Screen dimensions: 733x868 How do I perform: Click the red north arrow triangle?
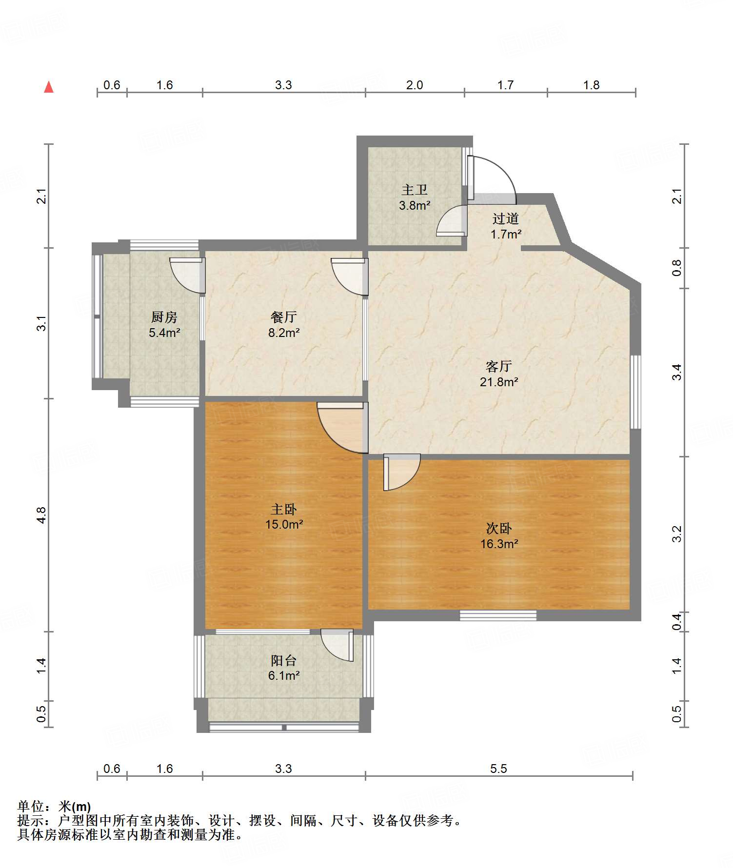coord(49,87)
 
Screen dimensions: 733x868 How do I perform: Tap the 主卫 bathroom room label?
coord(415,190)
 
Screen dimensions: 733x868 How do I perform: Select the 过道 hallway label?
coord(506,218)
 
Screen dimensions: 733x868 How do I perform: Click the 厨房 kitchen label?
coord(164,317)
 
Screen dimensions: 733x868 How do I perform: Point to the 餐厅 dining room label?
coord(284,317)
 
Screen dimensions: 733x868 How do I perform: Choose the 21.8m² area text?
coord(499,382)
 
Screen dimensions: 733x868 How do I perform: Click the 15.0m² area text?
coord(284,524)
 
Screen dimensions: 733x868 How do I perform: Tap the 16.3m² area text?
coord(499,544)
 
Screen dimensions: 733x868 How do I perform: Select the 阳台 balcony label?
coord(284,660)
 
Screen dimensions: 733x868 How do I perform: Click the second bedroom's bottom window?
coord(498,615)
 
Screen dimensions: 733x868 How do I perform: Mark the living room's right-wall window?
coord(635,392)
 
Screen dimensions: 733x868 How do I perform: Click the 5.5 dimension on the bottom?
coord(499,769)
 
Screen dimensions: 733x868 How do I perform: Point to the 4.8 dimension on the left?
coord(41,515)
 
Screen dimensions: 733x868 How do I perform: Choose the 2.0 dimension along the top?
coord(415,85)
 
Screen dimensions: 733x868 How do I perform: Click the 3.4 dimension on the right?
coord(677,373)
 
